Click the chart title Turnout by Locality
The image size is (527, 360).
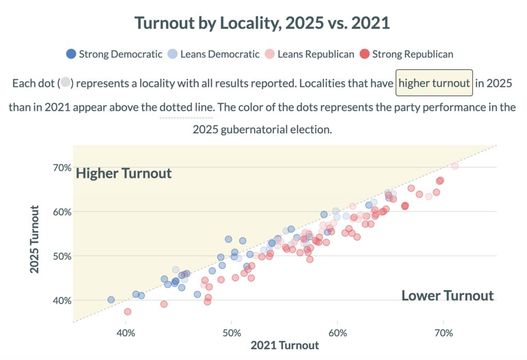(262, 23)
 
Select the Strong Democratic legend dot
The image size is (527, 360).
(72, 53)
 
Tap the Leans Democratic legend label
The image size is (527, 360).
(220, 54)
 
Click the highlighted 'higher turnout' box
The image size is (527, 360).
(434, 83)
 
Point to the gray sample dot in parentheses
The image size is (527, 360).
(65, 83)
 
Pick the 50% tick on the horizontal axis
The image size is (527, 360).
(232, 333)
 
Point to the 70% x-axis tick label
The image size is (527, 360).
(444, 333)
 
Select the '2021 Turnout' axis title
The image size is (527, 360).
(285, 346)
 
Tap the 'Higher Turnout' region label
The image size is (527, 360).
(124, 173)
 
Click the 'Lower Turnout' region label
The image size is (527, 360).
(447, 296)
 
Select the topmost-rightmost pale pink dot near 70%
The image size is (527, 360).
(454, 166)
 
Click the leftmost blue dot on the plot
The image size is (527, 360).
(111, 300)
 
